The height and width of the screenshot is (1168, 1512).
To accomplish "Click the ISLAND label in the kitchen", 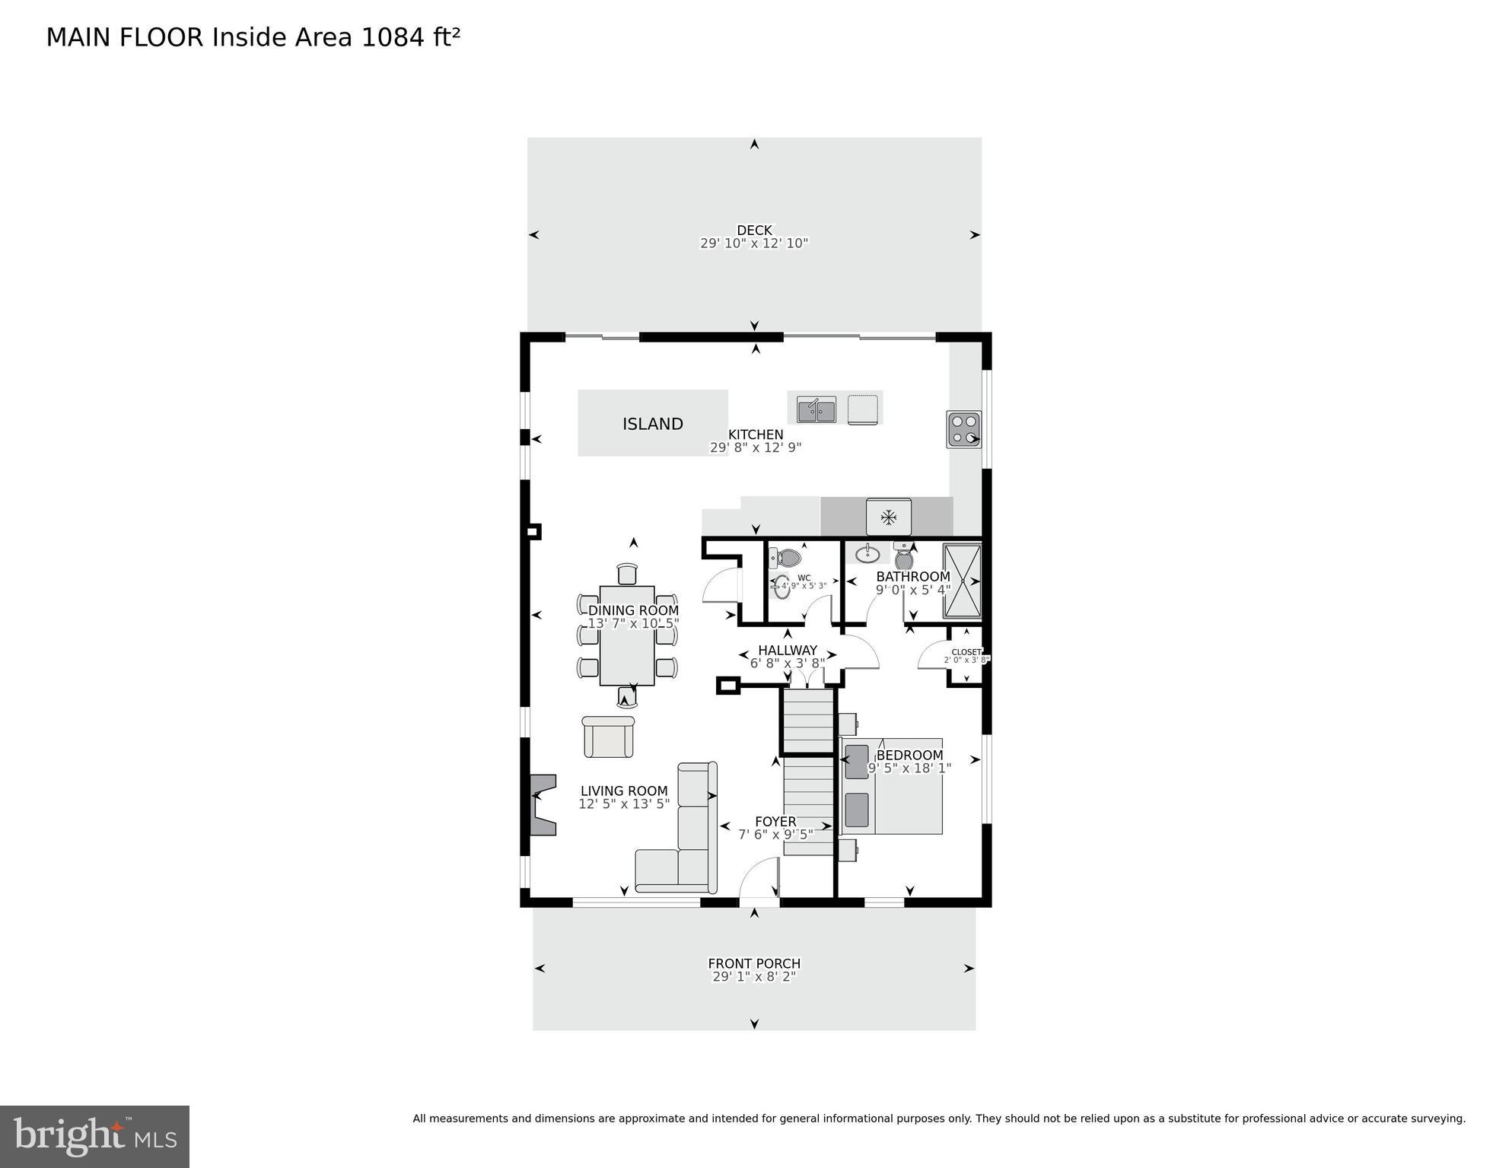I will click(652, 424).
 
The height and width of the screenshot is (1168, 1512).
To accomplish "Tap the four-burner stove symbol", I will click(963, 429).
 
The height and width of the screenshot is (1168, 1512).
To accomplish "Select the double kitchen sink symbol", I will click(816, 409).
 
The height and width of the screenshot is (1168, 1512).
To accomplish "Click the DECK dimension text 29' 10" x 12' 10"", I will click(753, 243).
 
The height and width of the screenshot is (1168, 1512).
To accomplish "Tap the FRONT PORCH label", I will click(753, 963).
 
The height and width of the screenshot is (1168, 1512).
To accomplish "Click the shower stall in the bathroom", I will click(962, 581).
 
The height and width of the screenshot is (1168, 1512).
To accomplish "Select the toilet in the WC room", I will click(785, 559).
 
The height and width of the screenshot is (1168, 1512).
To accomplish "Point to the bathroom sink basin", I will click(867, 552).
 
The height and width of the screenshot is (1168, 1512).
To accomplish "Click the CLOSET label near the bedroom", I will click(966, 652).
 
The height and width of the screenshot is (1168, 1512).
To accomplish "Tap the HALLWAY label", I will click(787, 650).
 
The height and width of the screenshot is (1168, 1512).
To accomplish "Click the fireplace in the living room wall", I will click(542, 804).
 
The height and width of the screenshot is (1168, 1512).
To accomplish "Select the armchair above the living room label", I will click(608, 737).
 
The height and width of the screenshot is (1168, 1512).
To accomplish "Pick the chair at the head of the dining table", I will click(626, 574).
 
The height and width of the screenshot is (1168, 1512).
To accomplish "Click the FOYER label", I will click(775, 822).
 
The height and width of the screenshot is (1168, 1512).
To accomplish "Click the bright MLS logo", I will click(94, 1137).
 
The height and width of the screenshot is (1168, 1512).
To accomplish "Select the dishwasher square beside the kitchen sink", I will click(862, 409).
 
